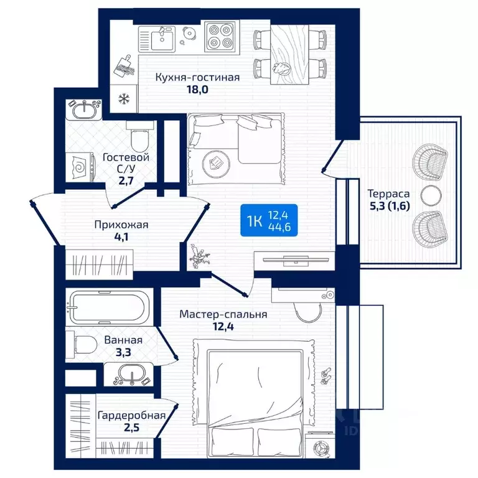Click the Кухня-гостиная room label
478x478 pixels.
tap(197, 77)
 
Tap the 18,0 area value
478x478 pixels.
tap(197, 90)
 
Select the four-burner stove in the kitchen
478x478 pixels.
tap(220, 37)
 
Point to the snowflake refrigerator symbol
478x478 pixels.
tap(124, 98)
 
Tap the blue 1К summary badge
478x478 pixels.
tap(269, 220)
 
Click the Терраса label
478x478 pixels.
tap(388, 194)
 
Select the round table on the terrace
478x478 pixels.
tap(431, 195)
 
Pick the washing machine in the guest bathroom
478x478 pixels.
tap(80, 167)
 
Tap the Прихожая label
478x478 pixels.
tap(121, 225)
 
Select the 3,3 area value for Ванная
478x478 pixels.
tap(123, 353)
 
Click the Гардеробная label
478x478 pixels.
tap(132, 415)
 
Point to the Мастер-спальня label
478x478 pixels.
tap(223, 314)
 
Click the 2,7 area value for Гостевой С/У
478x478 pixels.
tap(126, 181)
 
